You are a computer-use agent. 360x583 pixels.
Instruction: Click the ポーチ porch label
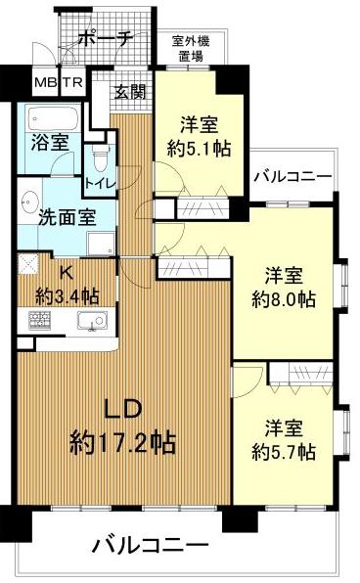pyautogui.click(x=106, y=38)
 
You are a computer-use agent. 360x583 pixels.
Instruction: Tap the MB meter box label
pyautogui.click(x=45, y=82)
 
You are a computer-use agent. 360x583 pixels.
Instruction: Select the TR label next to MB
pyautogui.click(x=72, y=82)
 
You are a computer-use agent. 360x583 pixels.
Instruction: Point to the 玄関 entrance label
pyautogui.click(x=130, y=92)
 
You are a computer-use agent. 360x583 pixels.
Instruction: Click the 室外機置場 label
pyautogui.click(x=191, y=48)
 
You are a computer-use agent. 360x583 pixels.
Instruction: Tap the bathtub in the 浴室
pyautogui.click(x=53, y=118)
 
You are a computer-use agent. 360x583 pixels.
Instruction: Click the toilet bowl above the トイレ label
pyautogui.click(x=100, y=159)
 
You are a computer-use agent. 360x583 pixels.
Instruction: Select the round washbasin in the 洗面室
pyautogui.click(x=30, y=201)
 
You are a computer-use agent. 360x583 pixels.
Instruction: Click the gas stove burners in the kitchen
pyautogui.click(x=39, y=320)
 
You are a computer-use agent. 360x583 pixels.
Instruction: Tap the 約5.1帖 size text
pyautogui.click(x=199, y=149)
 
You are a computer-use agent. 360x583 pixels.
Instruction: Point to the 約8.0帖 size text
pyautogui.click(x=284, y=298)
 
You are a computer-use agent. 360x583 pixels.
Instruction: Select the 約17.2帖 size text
pyautogui.click(x=122, y=443)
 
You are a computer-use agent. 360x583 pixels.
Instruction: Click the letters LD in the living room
pyautogui.click(x=122, y=409)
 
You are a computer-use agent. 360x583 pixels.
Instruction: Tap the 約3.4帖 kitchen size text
pyautogui.click(x=67, y=296)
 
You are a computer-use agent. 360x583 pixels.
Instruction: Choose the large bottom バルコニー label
pyautogui.click(x=151, y=546)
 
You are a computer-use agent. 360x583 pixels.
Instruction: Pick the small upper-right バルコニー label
pyautogui.click(x=292, y=177)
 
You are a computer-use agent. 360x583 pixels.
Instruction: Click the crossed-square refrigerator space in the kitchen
pyautogui.click(x=28, y=263)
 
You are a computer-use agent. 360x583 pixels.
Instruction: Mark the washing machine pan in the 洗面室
pyautogui.click(x=101, y=244)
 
